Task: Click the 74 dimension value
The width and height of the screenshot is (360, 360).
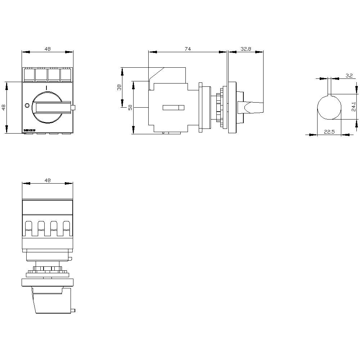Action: click(188, 49)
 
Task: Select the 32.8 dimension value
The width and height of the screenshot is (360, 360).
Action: click(246, 49)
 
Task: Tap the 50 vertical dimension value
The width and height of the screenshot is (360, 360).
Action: click(130, 108)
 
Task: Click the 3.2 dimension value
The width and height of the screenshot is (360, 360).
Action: click(349, 76)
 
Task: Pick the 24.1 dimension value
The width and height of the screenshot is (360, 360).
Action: click(354, 107)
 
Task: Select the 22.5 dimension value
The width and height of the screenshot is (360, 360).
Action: click(329, 132)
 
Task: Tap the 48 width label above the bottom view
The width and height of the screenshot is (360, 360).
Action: click(48, 180)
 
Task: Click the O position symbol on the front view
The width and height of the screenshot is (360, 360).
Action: click(27, 105)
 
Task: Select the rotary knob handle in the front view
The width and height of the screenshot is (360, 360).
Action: click(50, 107)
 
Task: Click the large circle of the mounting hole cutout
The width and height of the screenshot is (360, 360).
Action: click(329, 107)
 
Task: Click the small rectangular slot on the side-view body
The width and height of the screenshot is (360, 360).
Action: click(173, 107)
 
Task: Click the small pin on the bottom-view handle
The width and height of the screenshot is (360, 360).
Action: click(73, 310)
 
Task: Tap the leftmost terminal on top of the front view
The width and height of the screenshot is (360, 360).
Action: click(28, 75)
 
